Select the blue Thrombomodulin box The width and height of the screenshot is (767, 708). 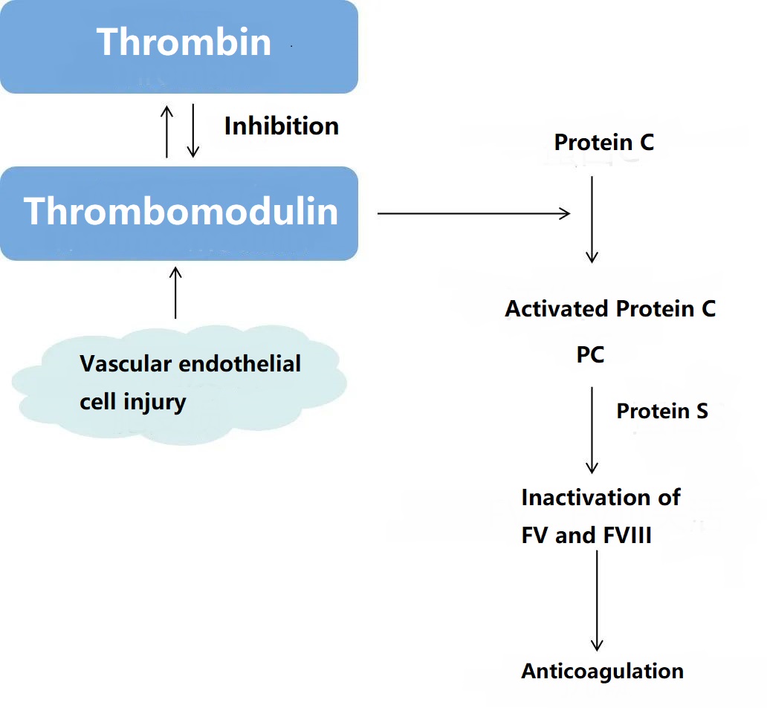point(178,212)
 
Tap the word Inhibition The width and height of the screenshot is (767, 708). point(282,126)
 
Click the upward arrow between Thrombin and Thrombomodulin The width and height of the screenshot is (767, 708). point(167,131)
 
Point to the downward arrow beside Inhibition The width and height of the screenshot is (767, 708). point(192,131)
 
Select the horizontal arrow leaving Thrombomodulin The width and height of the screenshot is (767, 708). point(473,214)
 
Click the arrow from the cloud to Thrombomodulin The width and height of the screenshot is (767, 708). point(175,293)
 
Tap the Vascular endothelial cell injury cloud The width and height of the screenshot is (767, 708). point(178,386)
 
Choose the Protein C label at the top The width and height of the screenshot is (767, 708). point(603,142)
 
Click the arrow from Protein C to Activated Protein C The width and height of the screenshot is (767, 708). point(592,219)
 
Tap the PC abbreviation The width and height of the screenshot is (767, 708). point(591,355)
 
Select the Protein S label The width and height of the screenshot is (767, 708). point(662,411)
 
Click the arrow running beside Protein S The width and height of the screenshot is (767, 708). point(592,429)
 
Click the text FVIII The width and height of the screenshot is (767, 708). point(626,536)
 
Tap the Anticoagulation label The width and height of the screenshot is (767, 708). point(602,672)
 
